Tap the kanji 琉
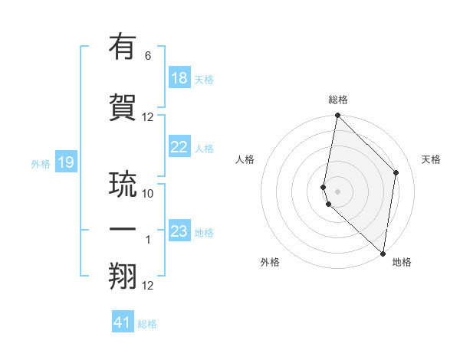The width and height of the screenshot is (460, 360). click(x=124, y=184)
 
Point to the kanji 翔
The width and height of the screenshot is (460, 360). click(x=124, y=276)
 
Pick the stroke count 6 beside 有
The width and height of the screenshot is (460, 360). click(x=148, y=56)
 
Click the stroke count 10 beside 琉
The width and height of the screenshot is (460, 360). click(x=148, y=194)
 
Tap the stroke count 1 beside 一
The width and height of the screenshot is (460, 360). click(x=148, y=240)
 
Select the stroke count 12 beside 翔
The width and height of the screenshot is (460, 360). click(x=148, y=286)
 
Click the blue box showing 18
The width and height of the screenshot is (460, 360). click(x=179, y=78)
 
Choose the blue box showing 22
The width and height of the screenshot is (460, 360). click(x=179, y=147)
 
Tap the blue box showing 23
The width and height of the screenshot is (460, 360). click(x=179, y=231)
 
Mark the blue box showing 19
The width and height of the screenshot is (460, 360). click(x=65, y=162)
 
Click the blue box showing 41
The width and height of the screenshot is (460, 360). click(x=123, y=322)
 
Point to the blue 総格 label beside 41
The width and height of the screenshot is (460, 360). click(x=147, y=324)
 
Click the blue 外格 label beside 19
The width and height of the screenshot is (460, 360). click(x=41, y=163)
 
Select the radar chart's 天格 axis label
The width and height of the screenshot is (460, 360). click(x=432, y=159)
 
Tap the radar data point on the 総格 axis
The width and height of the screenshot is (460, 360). click(x=337, y=116)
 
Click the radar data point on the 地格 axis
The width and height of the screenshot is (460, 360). click(x=383, y=253)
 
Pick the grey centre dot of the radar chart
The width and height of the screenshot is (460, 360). click(x=337, y=190)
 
